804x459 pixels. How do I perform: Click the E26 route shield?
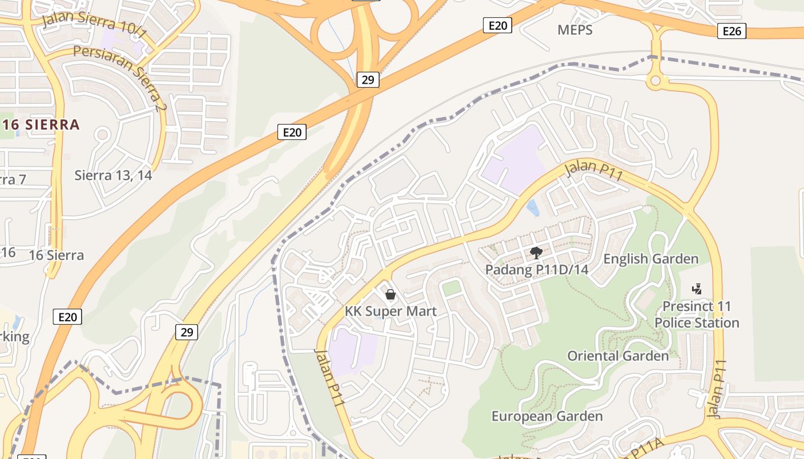tap(732, 31)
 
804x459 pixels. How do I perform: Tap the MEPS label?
tap(575, 30)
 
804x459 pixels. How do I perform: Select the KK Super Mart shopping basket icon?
tap(391, 295)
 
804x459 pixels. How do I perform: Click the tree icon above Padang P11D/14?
tap(536, 252)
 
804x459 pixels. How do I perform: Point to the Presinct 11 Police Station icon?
tap(697, 289)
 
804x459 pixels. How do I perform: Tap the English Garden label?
tap(651, 259)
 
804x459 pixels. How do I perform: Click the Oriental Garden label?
tap(618, 356)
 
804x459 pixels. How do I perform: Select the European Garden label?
tap(547, 416)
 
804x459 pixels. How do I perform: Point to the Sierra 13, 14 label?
tap(113, 176)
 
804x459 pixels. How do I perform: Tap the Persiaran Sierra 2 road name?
tap(120, 77)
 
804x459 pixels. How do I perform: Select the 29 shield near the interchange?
tap(368, 80)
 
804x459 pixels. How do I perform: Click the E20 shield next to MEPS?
tap(497, 25)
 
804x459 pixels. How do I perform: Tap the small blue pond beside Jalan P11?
tap(534, 208)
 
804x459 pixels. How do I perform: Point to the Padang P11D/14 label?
tap(537, 270)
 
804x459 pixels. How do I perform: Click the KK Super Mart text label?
tap(391, 312)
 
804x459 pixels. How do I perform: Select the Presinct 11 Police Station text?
tap(697, 314)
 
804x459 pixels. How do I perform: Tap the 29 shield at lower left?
tap(187, 332)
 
